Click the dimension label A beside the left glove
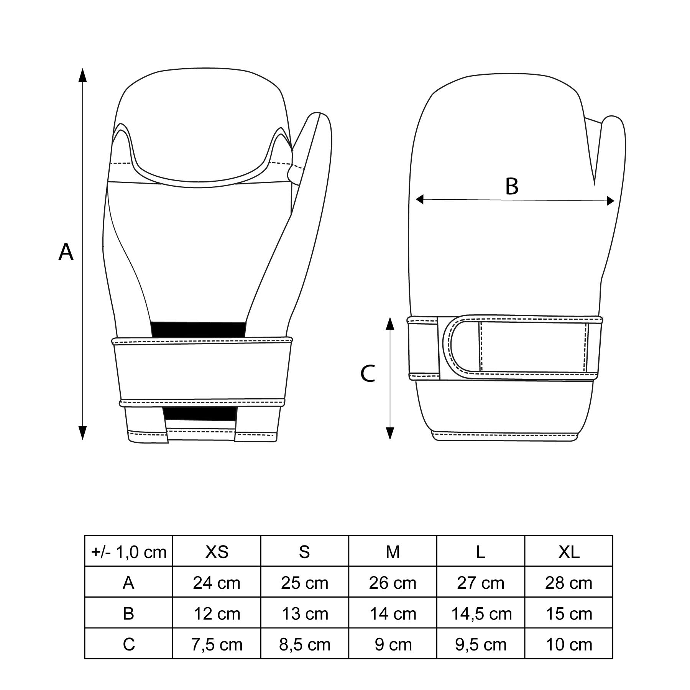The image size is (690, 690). click(x=66, y=252)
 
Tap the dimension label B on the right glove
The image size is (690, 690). click(x=512, y=186)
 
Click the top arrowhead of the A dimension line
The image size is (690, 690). click(x=82, y=75)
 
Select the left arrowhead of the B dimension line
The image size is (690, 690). click(x=419, y=199)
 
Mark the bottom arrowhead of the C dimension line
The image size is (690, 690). click(x=390, y=433)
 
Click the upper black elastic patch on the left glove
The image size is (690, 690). click(x=199, y=330)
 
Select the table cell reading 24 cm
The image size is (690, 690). click(x=217, y=583)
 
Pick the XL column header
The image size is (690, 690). click(x=569, y=552)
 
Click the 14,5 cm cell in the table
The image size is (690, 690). click(x=481, y=614)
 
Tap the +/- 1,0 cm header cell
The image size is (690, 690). click(x=129, y=552)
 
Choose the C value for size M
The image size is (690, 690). click(x=393, y=644)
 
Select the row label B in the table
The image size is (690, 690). click(x=129, y=614)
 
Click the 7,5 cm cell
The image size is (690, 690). click(x=217, y=644)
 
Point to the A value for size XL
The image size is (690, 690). click(x=569, y=583)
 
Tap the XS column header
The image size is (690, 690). click(x=217, y=552)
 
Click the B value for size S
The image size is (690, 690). click(x=305, y=614)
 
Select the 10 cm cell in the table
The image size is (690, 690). click(x=569, y=644)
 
